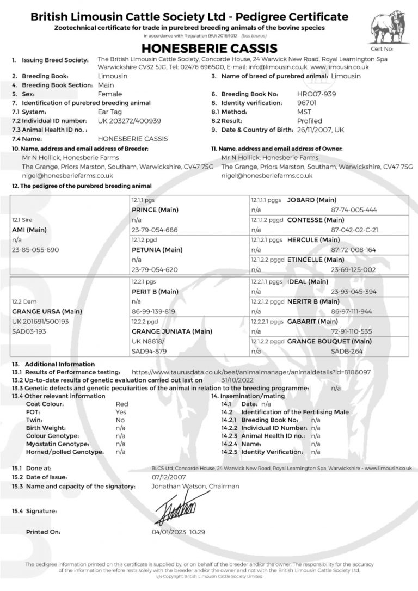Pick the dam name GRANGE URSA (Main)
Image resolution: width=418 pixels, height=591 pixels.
click(43, 311)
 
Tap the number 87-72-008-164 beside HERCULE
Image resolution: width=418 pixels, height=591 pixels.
click(354, 250)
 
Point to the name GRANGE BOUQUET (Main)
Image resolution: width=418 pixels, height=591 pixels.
click(329, 342)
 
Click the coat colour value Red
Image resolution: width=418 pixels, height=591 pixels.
click(122, 404)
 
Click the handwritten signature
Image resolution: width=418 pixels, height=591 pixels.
click(177, 508)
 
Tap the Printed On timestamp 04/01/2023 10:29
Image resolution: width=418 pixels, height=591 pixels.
click(179, 532)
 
